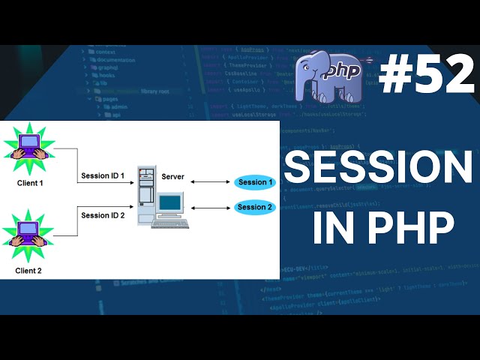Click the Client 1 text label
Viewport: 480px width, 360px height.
click(x=31, y=182)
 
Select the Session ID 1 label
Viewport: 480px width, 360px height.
click(x=103, y=176)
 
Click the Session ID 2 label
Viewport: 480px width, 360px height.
click(x=103, y=215)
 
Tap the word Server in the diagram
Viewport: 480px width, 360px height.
click(x=173, y=176)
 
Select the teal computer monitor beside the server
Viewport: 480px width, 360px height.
click(x=171, y=202)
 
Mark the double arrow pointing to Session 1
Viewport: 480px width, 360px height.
click(x=211, y=181)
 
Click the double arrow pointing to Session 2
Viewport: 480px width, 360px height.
click(x=212, y=206)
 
